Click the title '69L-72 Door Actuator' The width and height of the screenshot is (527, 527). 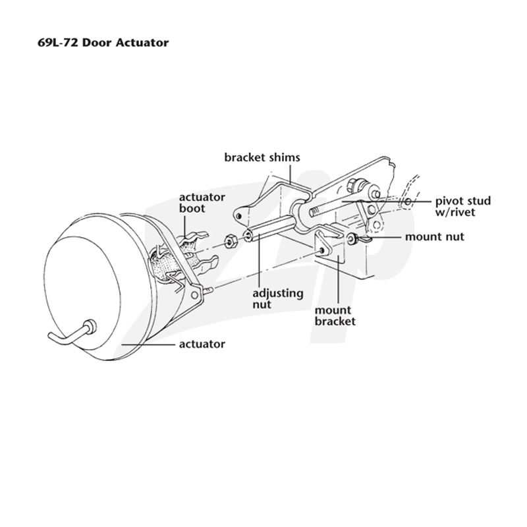[103, 43]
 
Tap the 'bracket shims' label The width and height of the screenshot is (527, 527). [262, 157]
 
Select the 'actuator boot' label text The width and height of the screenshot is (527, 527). [202, 203]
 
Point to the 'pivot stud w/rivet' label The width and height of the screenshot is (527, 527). [463, 207]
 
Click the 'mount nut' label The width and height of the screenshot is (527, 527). [435, 236]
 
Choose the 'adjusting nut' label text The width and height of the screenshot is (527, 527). [278, 299]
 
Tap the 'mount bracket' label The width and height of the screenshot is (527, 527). [335, 316]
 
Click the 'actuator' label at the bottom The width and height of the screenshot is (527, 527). [202, 344]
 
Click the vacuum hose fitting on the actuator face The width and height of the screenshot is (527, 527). [91, 327]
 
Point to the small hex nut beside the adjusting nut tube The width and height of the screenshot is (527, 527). [231, 241]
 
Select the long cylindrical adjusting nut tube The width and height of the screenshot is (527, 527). [271, 228]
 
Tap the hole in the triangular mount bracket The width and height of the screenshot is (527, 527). [322, 250]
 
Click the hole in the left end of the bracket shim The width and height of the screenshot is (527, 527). [238, 215]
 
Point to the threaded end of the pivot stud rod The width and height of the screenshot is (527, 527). [315, 212]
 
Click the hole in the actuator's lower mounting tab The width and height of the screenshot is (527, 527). [194, 295]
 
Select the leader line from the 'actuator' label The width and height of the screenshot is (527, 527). [148, 344]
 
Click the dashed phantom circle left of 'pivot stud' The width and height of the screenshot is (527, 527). [408, 202]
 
